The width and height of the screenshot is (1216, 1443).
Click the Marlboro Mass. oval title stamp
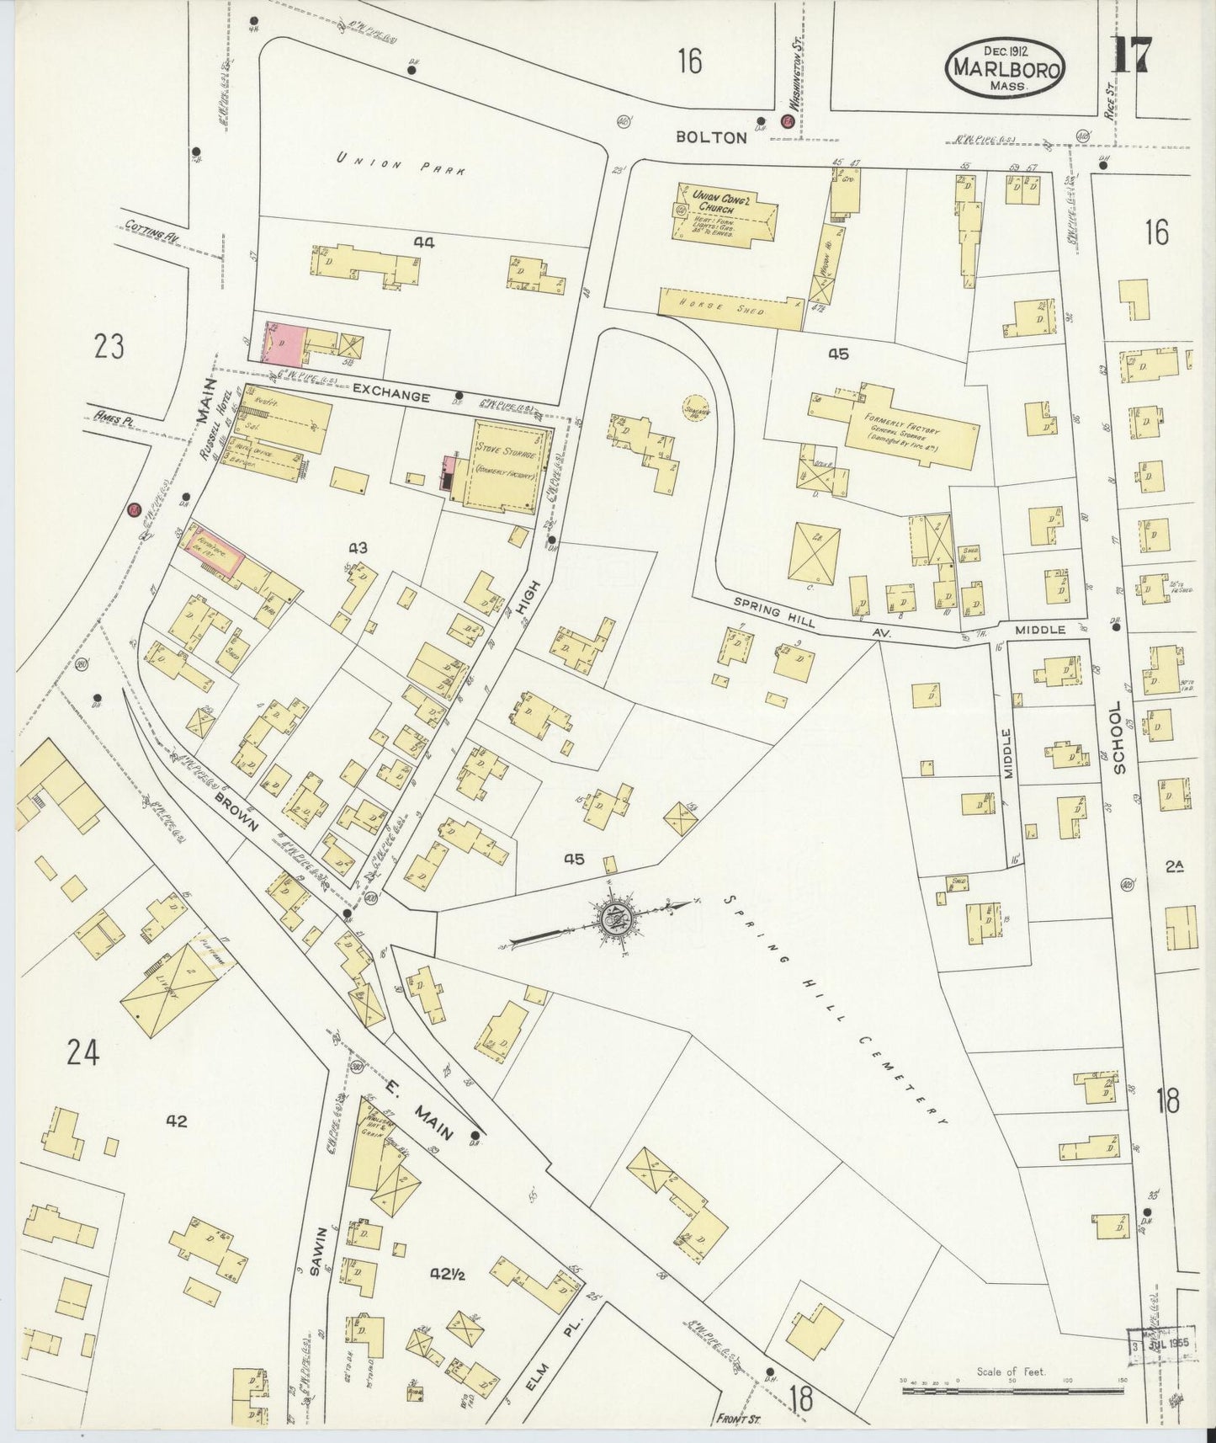(1006, 70)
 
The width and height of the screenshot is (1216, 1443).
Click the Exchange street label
(391, 391)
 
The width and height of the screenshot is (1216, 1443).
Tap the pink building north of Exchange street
(284, 343)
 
